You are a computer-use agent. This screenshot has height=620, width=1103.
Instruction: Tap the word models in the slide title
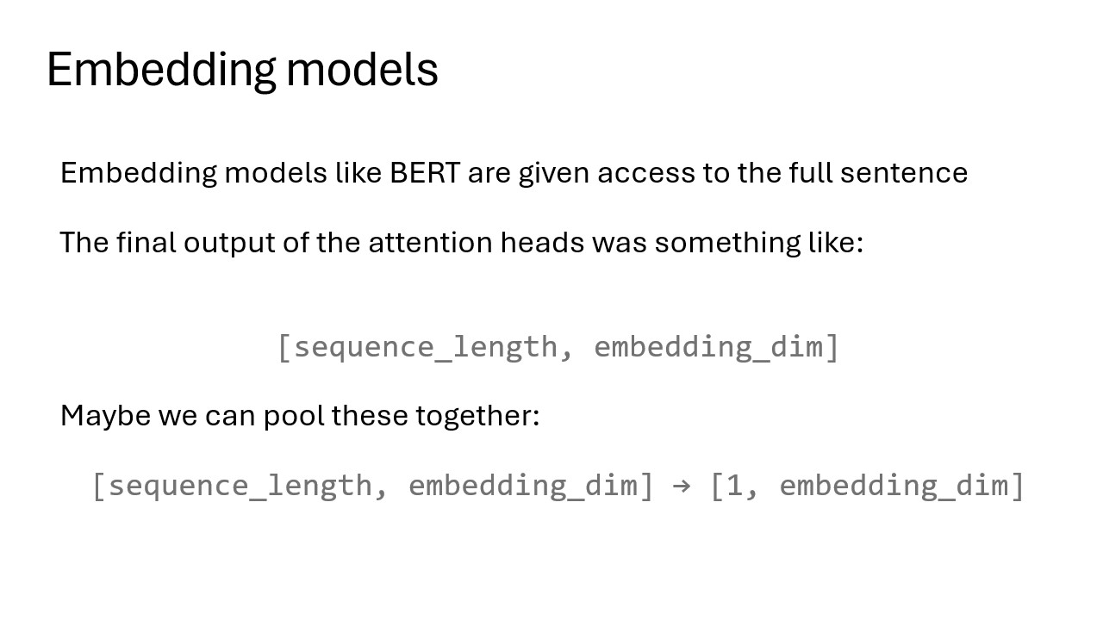(x=362, y=69)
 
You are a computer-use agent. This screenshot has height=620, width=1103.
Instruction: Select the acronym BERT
(x=426, y=173)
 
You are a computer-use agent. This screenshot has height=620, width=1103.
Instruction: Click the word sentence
(x=904, y=173)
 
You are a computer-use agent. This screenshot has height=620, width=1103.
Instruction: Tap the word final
(x=146, y=243)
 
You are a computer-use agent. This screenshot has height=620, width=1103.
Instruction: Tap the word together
(x=474, y=416)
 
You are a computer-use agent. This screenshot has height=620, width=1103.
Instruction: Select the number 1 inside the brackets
(x=734, y=486)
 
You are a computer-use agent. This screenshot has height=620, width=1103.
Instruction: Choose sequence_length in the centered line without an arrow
(x=426, y=347)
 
